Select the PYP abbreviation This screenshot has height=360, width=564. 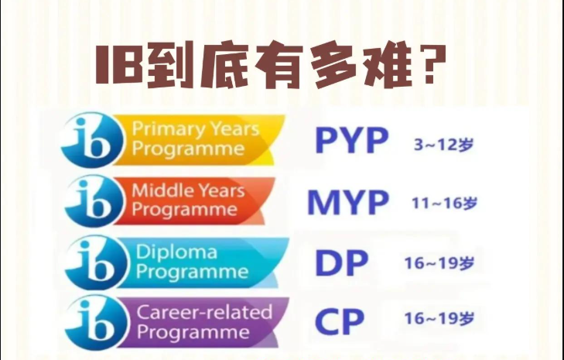[x=352, y=140]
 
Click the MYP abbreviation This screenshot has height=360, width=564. [x=348, y=202]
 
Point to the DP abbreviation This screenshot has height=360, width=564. [x=342, y=262]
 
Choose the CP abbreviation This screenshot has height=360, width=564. [x=340, y=321]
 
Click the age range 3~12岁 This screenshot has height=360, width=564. [x=443, y=144]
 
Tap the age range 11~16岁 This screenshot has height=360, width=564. [x=445, y=204]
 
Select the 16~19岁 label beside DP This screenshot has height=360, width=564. [x=439, y=263]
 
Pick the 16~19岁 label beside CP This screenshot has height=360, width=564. [x=439, y=318]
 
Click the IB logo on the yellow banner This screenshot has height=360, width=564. [x=92, y=139]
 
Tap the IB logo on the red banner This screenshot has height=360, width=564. [x=94, y=201]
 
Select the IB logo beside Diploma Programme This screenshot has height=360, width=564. [x=96, y=262]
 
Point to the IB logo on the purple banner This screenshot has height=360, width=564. [x=96, y=322]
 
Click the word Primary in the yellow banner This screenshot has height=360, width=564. [x=169, y=129]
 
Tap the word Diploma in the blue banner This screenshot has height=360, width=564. [x=176, y=252]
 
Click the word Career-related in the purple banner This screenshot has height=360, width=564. [x=204, y=312]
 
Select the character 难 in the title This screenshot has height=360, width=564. [x=384, y=66]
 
